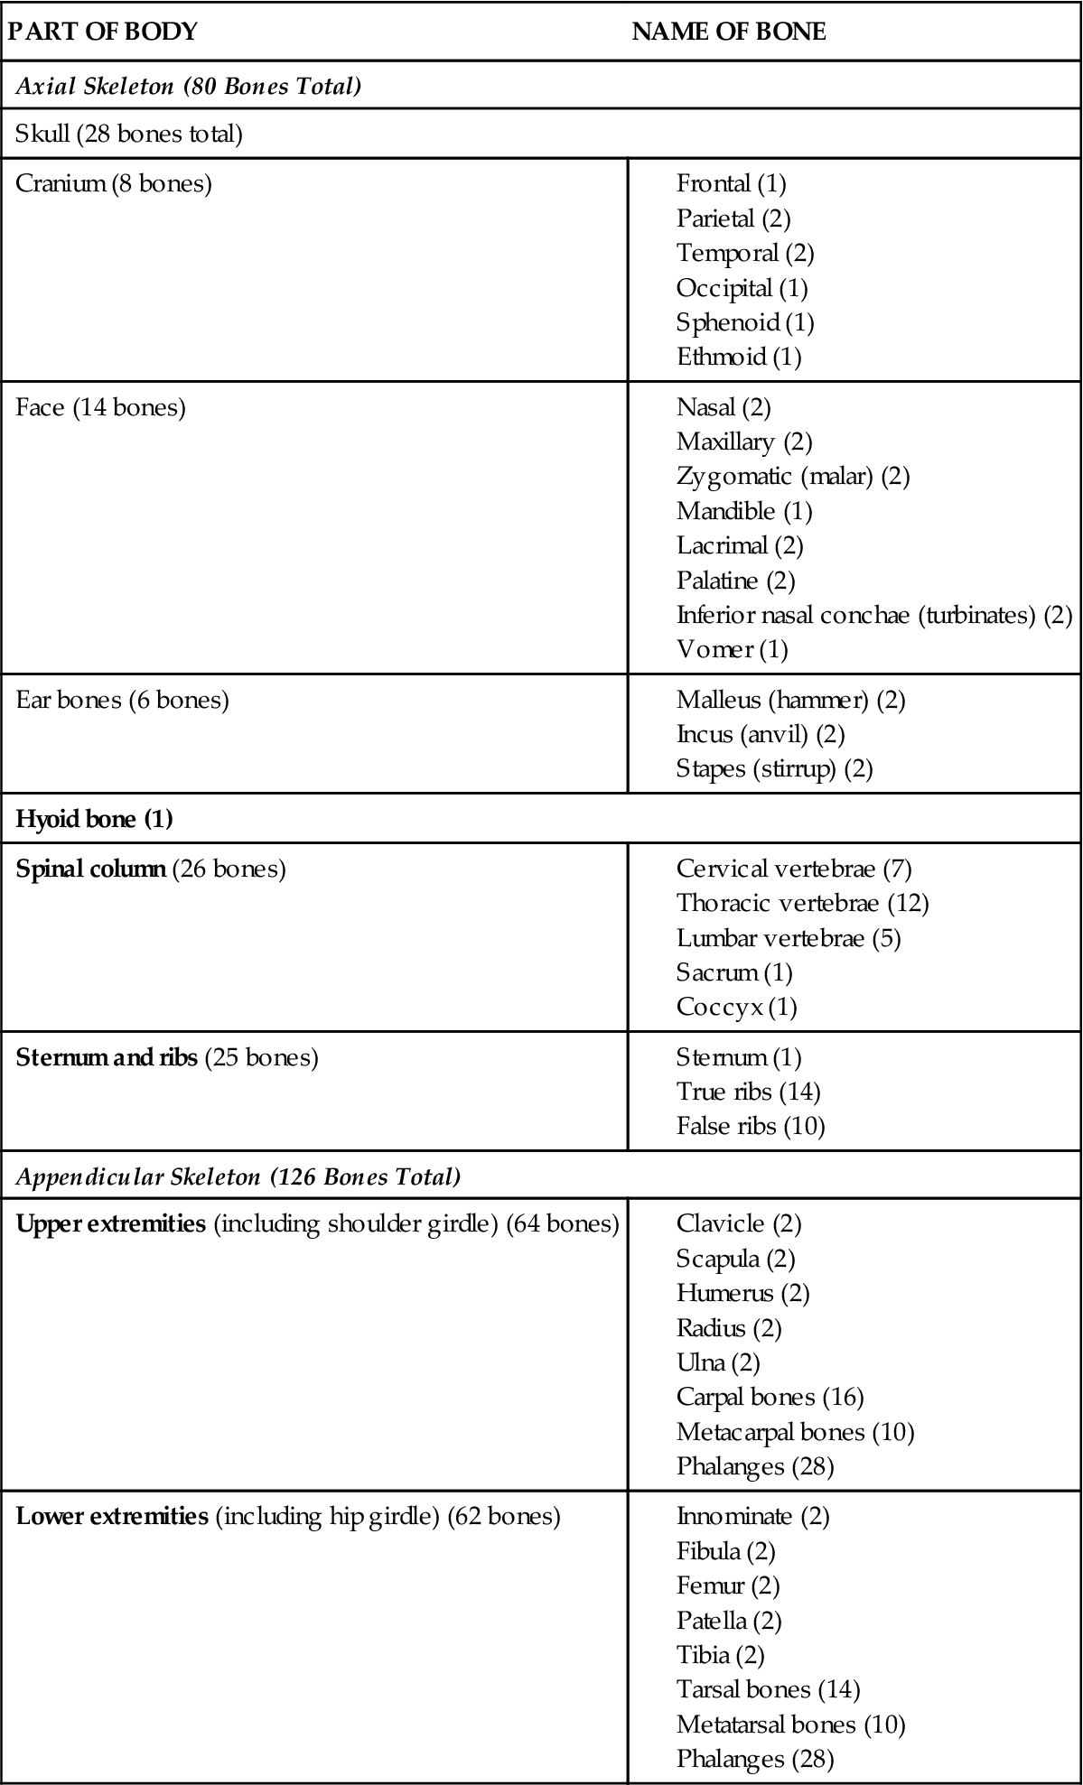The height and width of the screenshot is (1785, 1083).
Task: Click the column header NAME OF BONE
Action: pyautogui.click(x=728, y=32)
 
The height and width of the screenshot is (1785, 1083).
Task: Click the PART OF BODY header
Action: pyautogui.click(x=102, y=32)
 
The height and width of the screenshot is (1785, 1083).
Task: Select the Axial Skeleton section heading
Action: pyautogui.click(x=188, y=87)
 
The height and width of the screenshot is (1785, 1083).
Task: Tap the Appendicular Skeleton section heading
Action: pyautogui.click(x=238, y=1177)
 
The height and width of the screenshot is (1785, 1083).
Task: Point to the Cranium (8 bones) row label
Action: pyautogui.click(x=114, y=184)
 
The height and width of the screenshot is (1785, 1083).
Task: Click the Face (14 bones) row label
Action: pyautogui.click(x=100, y=408)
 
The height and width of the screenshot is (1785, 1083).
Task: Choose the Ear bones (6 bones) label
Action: pyautogui.click(x=122, y=701)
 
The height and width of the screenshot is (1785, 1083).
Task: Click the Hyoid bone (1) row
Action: pyautogui.click(x=94, y=820)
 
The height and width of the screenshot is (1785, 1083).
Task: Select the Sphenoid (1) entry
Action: pyautogui.click(x=745, y=322)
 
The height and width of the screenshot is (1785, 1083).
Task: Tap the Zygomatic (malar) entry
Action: pyautogui.click(x=792, y=476)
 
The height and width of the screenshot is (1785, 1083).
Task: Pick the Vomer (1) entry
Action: pyautogui.click(x=732, y=649)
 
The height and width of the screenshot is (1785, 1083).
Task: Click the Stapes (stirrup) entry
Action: pyautogui.click(x=774, y=769)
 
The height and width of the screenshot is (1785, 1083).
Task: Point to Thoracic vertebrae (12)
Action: pyautogui.click(x=802, y=903)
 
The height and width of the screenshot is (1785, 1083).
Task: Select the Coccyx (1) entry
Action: pyautogui.click(x=736, y=1007)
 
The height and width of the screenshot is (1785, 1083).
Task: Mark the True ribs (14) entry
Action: pyautogui.click(x=748, y=1092)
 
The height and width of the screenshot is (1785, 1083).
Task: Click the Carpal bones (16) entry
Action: pyautogui.click(x=770, y=1398)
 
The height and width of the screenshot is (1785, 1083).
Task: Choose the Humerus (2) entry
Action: pyautogui.click(x=742, y=1294)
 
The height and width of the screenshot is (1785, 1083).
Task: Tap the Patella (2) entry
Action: pyautogui.click(x=729, y=1621)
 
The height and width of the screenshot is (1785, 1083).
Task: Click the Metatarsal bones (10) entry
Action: pyautogui.click(x=790, y=1725)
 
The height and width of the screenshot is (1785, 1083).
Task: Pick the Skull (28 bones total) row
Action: pyautogui.click(x=129, y=135)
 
